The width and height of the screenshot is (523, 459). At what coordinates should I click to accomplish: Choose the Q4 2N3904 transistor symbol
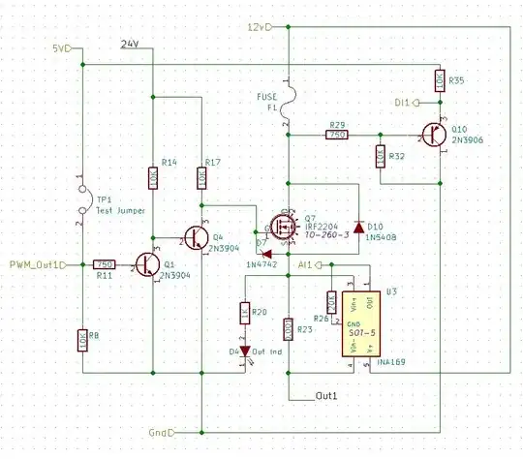tap(198, 236)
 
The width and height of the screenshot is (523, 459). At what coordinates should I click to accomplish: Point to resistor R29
tap(337, 136)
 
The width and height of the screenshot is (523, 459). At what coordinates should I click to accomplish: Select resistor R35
tap(439, 81)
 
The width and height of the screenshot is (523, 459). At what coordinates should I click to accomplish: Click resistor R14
tap(153, 177)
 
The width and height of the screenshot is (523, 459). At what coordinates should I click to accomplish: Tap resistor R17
tap(201, 177)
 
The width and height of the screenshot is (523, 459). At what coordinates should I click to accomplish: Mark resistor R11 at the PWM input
tap(104, 264)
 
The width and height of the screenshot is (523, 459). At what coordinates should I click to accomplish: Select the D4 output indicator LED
tap(244, 351)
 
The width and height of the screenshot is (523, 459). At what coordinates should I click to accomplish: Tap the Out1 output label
tap(326, 397)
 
